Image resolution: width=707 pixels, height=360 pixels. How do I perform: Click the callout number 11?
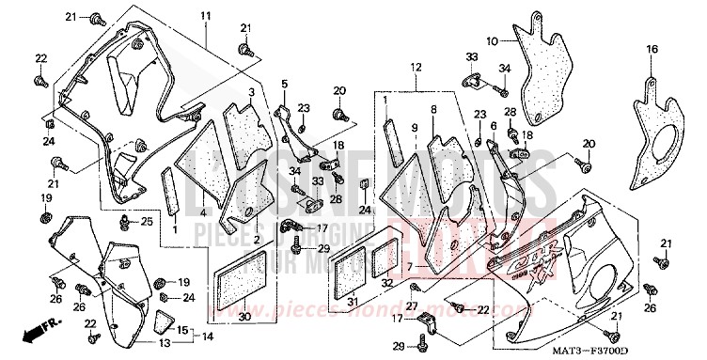point(206,17)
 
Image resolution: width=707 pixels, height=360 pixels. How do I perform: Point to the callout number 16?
point(651,49)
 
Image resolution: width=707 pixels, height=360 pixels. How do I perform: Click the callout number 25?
point(146,222)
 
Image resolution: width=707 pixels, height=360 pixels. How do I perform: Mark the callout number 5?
point(283,85)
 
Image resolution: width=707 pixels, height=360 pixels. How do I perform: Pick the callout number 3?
point(251,93)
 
